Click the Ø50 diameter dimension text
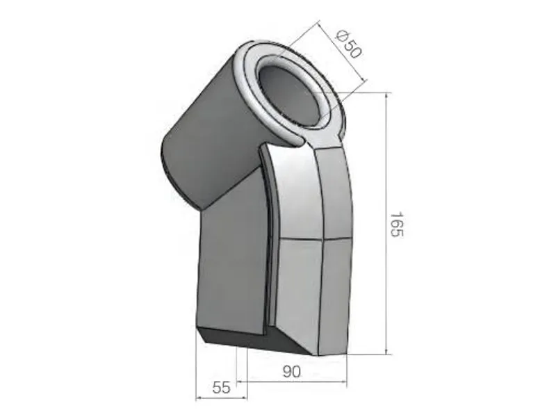coord(348,44)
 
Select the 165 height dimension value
coord(397,225)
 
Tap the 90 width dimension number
coord(291,371)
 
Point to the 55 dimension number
coord(221,388)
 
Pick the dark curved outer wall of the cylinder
coord(202,139)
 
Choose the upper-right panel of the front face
coord(334,195)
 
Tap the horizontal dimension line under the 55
coord(221,398)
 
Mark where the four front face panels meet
coord(322,238)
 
